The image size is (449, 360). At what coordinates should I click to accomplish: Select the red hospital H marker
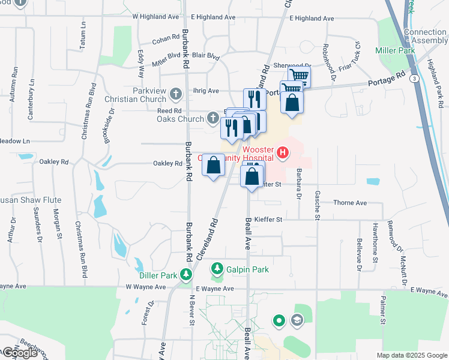coord(283,154)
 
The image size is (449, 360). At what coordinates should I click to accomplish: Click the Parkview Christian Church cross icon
coord(176,94)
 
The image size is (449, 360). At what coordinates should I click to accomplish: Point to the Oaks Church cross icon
coord(212,118)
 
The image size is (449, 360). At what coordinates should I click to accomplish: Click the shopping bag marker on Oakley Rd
coord(213,166)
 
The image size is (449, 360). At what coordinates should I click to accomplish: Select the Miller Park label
coord(396,51)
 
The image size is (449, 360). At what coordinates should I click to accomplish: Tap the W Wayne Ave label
coord(146,287)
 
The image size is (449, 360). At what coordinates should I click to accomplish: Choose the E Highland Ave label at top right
coord(312,19)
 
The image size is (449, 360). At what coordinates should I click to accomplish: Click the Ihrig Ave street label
coord(206,91)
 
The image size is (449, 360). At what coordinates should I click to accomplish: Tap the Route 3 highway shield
coord(414,79)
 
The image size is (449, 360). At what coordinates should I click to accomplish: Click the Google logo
coord(20,353)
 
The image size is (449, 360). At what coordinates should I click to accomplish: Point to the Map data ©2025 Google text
coord(412,355)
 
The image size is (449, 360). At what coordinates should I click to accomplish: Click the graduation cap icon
coord(296,320)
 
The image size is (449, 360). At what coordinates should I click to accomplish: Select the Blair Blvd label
coord(206,57)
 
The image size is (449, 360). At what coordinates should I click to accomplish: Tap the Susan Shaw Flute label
coord(30,200)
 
